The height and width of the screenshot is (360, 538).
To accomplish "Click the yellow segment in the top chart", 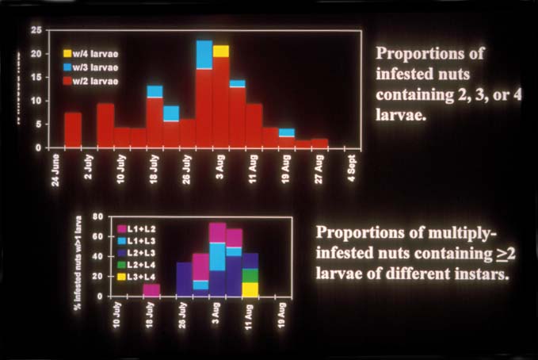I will [x=221, y=52].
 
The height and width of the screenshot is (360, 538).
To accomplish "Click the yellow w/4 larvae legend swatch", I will [x=68, y=53].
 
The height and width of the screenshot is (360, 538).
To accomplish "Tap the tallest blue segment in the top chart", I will [x=204, y=55].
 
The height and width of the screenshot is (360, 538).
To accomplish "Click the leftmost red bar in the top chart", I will [x=73, y=130].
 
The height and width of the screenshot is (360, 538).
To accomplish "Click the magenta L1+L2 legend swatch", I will [x=121, y=229].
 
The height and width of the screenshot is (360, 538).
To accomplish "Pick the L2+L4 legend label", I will [x=143, y=265].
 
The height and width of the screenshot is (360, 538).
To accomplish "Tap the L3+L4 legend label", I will [x=143, y=277].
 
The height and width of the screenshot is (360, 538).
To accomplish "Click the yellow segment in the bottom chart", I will [x=250, y=289].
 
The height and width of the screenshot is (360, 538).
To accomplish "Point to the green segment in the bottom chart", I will [x=250, y=275].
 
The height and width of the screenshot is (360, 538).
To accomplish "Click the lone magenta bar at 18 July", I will [x=151, y=289].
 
